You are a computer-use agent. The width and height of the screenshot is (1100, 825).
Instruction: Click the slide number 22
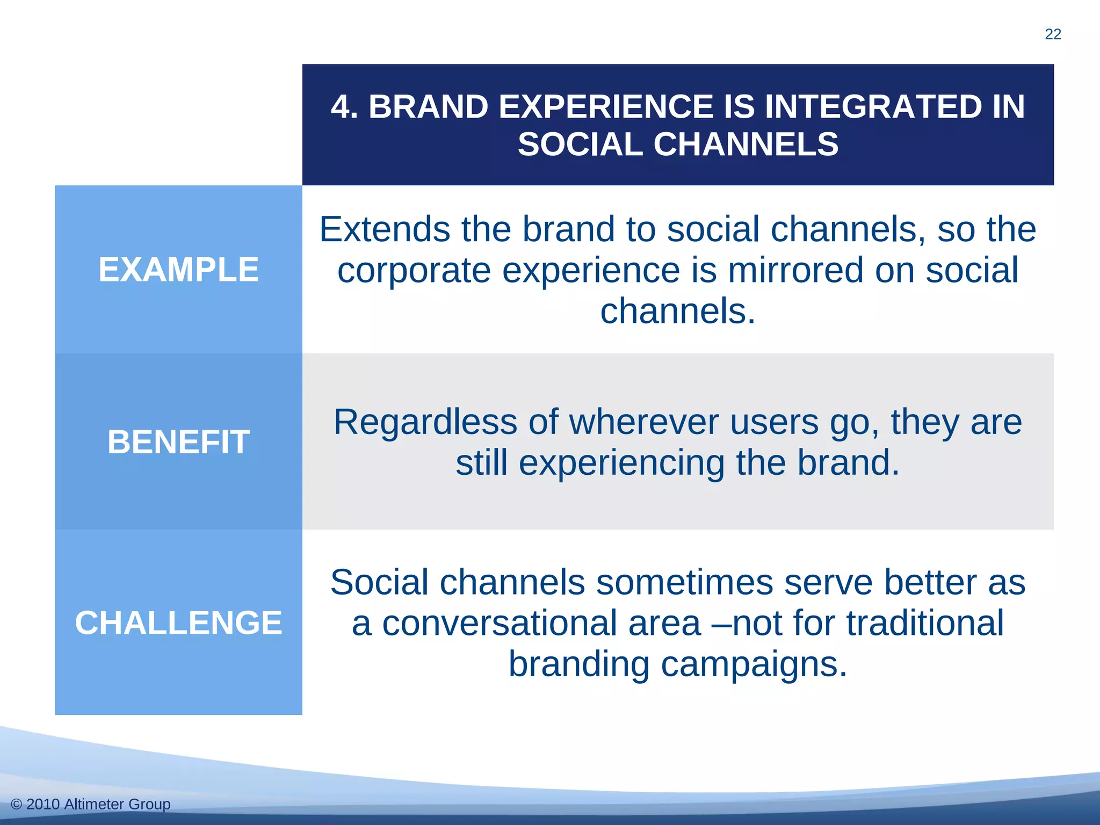pos(1053,34)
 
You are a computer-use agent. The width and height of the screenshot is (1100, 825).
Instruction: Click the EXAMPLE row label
pos(178,270)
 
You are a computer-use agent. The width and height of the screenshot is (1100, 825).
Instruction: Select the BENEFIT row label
pos(178,442)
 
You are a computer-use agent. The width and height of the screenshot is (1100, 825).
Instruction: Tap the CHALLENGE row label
pos(178,623)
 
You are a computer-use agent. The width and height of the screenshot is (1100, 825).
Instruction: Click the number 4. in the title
pos(344,106)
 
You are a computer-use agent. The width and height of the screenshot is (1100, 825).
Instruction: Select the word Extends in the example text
pos(384,230)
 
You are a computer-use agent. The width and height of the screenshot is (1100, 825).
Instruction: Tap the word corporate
pos(414,271)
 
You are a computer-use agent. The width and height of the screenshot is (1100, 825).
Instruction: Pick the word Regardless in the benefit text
pos(425,423)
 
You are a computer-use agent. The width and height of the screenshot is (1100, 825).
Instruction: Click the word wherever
pos(643,422)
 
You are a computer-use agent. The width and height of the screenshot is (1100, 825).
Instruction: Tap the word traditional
pos(925,624)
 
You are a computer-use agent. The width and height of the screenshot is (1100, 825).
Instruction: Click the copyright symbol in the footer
pos(16,805)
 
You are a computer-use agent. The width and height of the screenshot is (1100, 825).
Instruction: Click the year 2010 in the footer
pos(43,805)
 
